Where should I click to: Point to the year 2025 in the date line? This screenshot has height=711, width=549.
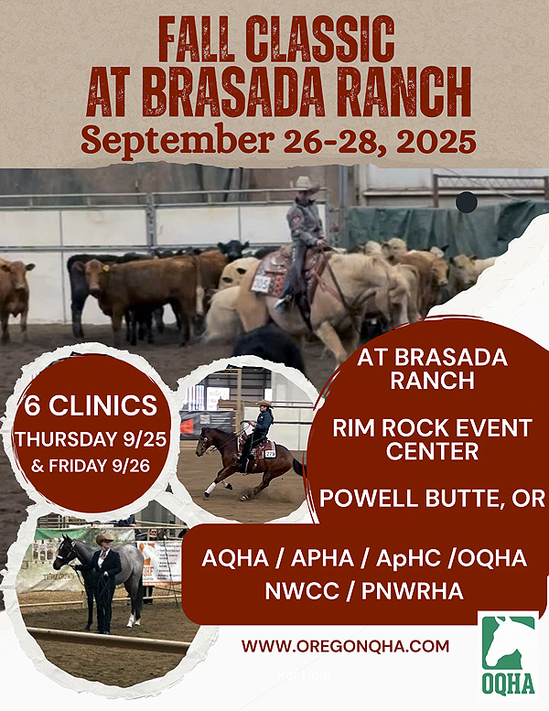[436, 141]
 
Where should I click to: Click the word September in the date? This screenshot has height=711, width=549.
[178, 141]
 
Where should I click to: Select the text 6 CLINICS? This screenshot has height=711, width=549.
[91, 405]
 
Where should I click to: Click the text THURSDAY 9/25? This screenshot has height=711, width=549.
[91, 439]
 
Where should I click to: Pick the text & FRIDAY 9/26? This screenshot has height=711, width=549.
[91, 466]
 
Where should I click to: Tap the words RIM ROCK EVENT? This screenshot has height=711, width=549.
[433, 427]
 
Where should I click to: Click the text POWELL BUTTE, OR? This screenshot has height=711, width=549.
[433, 499]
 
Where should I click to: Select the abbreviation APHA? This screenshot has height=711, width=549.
[322, 558]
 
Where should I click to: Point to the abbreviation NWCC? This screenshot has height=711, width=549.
[302, 591]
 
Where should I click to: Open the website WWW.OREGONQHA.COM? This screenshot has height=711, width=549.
[345, 646]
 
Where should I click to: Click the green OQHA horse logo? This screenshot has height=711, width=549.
[508, 655]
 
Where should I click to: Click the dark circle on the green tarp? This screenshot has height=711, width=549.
[467, 202]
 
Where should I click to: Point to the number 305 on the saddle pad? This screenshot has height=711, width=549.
[260, 285]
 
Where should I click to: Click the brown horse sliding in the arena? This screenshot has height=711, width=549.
[245, 462]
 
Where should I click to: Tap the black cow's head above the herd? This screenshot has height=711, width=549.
[233, 249]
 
